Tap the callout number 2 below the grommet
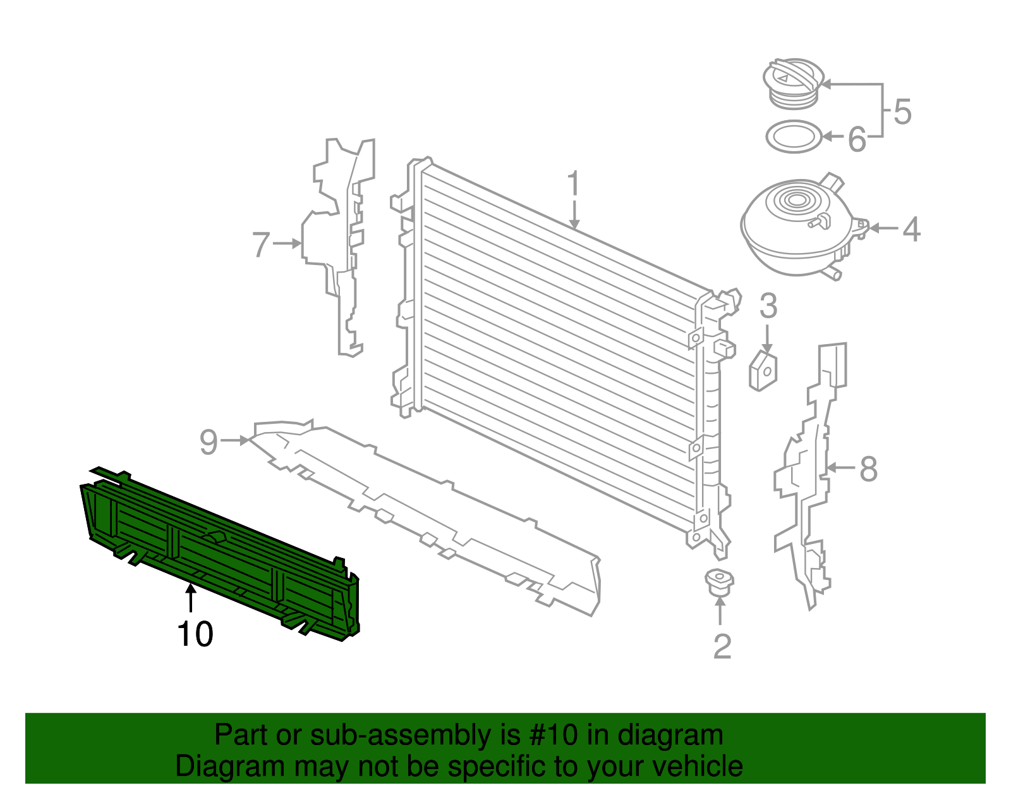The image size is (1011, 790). pyautogui.click(x=722, y=646)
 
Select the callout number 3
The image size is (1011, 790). pyautogui.click(x=768, y=306)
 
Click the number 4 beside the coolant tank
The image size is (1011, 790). pyautogui.click(x=911, y=229)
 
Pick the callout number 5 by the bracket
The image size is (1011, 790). pyautogui.click(x=902, y=112)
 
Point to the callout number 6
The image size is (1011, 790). pyautogui.click(x=857, y=139)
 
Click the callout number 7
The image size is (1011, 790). pyautogui.click(x=262, y=245)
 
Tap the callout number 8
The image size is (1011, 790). pyautogui.click(x=869, y=469)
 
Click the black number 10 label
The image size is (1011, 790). pyautogui.click(x=195, y=634)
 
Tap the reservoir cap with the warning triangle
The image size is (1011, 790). pyautogui.click(x=792, y=82)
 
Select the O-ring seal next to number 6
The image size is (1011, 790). pyautogui.click(x=794, y=136)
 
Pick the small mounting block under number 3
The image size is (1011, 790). pyautogui.click(x=763, y=371)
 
